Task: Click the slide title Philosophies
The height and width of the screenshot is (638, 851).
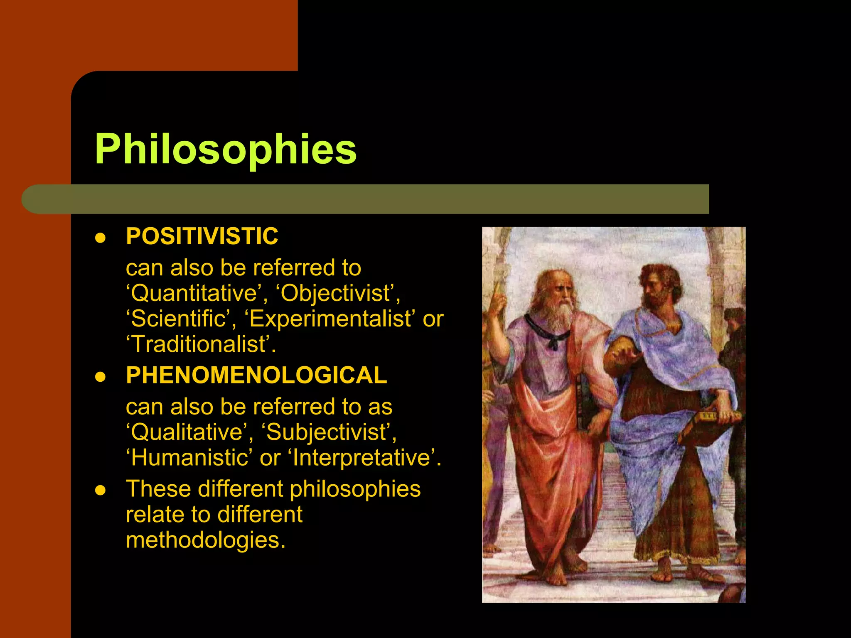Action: (x=226, y=150)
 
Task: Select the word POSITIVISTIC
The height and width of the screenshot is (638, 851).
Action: (x=202, y=237)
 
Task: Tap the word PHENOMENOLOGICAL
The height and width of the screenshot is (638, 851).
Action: (x=256, y=375)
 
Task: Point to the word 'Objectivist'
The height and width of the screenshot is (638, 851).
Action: (x=337, y=293)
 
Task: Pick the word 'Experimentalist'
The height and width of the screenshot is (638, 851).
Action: (x=330, y=319)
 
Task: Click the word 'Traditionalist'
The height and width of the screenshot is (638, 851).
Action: (x=198, y=345)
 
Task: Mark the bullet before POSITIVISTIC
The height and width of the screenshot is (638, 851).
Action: (x=100, y=238)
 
